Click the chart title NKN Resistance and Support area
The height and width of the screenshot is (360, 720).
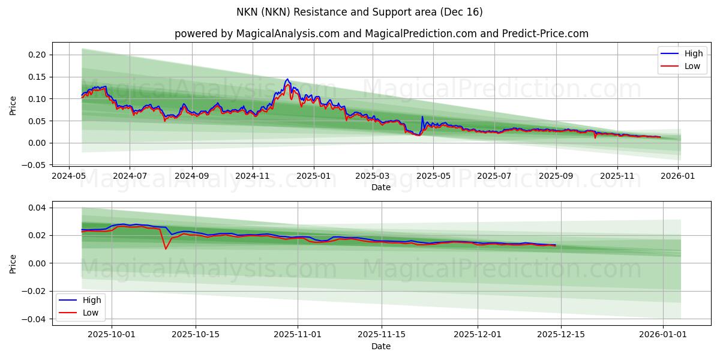click(360, 12)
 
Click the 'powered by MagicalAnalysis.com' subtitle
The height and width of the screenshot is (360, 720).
click(381, 34)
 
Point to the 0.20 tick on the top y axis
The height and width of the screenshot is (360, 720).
click(38, 55)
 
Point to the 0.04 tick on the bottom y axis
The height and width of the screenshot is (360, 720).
click(38, 208)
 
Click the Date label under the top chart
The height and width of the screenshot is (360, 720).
click(381, 187)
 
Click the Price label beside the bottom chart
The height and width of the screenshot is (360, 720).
click(13, 263)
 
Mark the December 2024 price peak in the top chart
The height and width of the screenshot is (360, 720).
click(287, 79)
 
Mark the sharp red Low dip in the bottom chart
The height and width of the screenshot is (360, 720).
click(166, 249)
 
